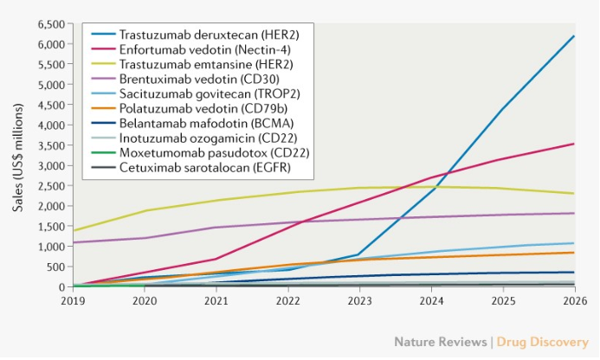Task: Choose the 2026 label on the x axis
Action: (x=575, y=299)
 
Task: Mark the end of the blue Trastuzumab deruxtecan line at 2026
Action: (x=575, y=35)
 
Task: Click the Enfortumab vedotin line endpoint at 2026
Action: (x=575, y=144)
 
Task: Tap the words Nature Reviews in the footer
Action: (x=440, y=342)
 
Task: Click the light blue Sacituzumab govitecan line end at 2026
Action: (x=575, y=243)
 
